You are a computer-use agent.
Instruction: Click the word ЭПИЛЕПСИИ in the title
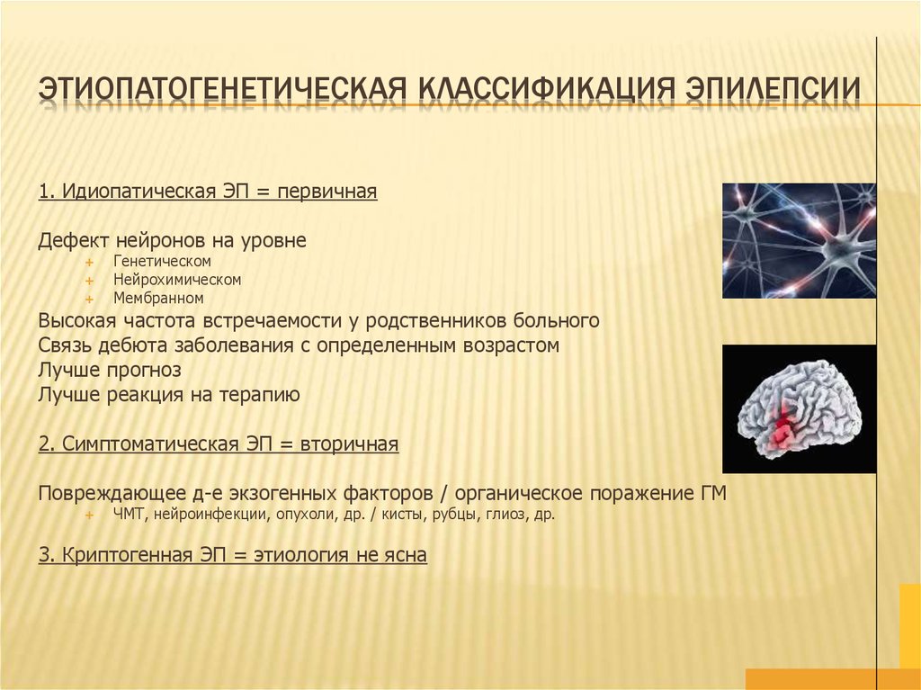pyautogui.click(x=773, y=89)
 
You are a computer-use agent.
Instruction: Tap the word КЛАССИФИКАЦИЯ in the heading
pyautogui.click(x=545, y=89)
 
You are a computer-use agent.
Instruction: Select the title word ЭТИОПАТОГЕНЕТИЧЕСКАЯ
pyautogui.click(x=222, y=89)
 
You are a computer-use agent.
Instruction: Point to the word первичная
pyautogui.click(x=327, y=193)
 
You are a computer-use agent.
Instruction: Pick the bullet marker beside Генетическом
pyautogui.click(x=89, y=262)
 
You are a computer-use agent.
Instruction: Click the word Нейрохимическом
pyautogui.click(x=177, y=280)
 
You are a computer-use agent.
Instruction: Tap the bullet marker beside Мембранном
pyautogui.click(x=89, y=300)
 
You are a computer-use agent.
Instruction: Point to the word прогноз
pyautogui.click(x=144, y=371)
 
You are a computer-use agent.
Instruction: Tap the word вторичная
pyautogui.click(x=349, y=445)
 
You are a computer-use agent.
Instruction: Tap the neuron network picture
pyautogui.click(x=799, y=240)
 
